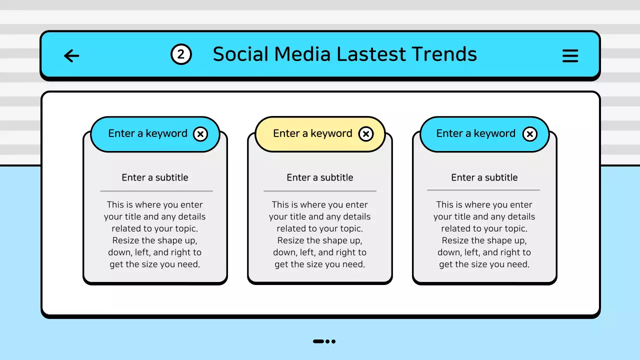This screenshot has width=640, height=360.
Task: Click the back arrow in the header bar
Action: pyautogui.click(x=72, y=55)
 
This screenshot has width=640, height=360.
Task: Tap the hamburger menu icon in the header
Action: pyautogui.click(x=570, y=55)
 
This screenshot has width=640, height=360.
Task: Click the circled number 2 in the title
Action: pyautogui.click(x=181, y=54)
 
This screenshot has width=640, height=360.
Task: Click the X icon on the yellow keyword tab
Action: pyautogui.click(x=366, y=134)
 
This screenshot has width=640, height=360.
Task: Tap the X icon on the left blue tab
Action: pyautogui.click(x=200, y=134)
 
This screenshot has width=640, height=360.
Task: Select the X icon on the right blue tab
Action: pyautogui.click(x=529, y=134)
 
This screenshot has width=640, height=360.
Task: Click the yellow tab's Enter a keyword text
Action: pyautogui.click(x=312, y=133)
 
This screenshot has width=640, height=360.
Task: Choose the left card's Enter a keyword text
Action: pyautogui.click(x=147, y=133)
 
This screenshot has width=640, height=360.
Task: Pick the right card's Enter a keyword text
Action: pyautogui.click(x=475, y=133)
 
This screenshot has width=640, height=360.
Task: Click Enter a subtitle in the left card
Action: pyautogui.click(x=155, y=177)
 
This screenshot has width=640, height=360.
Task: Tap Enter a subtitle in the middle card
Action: pyautogui.click(x=320, y=177)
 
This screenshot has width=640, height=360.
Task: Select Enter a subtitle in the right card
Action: pyautogui.click(x=484, y=177)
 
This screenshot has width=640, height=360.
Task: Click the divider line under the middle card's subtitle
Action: pyautogui.click(x=320, y=191)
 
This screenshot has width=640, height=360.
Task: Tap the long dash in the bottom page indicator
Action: pyautogui.click(x=318, y=341)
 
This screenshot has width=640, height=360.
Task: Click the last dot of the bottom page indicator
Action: pyautogui.click(x=333, y=341)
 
